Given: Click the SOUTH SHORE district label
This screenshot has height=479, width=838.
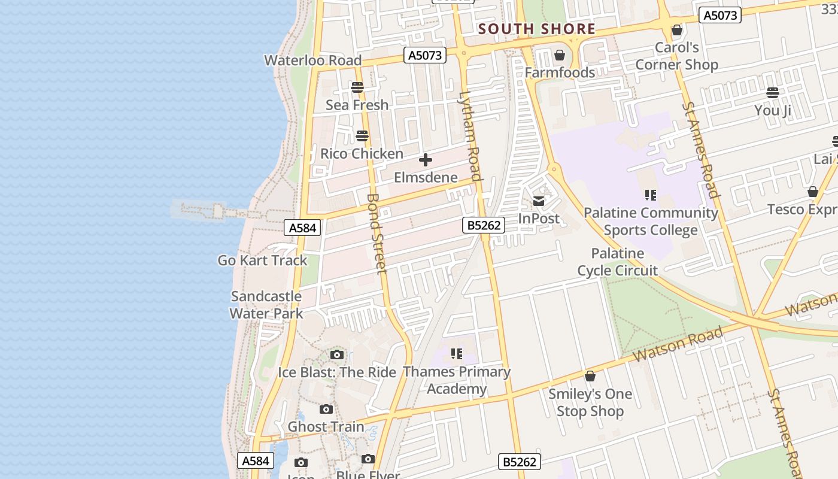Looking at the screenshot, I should [536, 29].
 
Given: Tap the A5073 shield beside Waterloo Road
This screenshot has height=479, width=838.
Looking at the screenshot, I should [426, 56].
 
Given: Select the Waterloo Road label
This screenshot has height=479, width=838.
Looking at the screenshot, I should [313, 60].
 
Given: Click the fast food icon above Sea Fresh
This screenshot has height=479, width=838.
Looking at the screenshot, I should [357, 87].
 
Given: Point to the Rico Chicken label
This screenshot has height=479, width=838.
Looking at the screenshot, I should [362, 154].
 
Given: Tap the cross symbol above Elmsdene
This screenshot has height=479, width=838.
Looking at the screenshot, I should [426, 160].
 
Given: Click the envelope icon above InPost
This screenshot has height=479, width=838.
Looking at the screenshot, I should [539, 201].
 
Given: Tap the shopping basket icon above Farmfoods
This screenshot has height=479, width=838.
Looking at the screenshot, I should [560, 56].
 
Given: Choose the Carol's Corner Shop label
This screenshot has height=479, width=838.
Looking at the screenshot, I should [676, 56].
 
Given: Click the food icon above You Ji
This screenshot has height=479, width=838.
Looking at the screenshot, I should [773, 93].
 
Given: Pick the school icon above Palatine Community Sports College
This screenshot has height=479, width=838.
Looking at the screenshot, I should [651, 195].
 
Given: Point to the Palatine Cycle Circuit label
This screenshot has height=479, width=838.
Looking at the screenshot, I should [618, 262].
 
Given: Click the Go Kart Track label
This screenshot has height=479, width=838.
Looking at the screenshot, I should [262, 260].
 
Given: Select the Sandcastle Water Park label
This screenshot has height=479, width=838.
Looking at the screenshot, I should [266, 305].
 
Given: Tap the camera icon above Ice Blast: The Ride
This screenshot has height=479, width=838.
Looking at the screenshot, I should [337, 354].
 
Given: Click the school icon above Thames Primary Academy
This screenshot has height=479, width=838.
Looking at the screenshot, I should [457, 354].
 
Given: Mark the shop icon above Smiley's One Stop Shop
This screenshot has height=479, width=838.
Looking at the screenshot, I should [590, 376].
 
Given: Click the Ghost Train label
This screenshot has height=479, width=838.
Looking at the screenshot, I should [326, 427].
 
